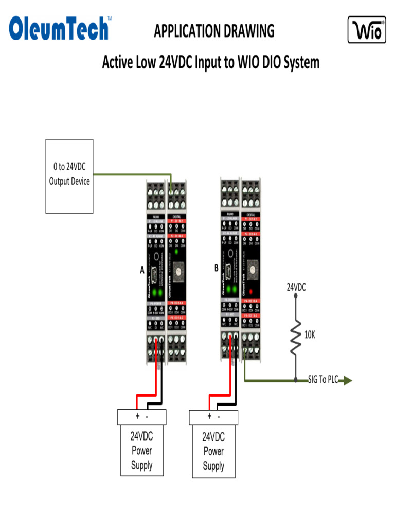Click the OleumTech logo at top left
[x=60, y=29]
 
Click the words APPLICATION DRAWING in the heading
[x=214, y=31]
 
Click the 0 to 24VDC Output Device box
[x=69, y=175]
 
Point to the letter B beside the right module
[x=216, y=268]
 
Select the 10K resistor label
[x=310, y=335]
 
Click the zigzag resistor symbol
[x=295, y=337]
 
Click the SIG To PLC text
[x=322, y=380]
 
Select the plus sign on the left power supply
[x=137, y=416]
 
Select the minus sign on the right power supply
[x=219, y=416]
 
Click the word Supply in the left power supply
[x=141, y=466]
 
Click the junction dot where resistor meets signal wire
[x=296, y=381]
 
